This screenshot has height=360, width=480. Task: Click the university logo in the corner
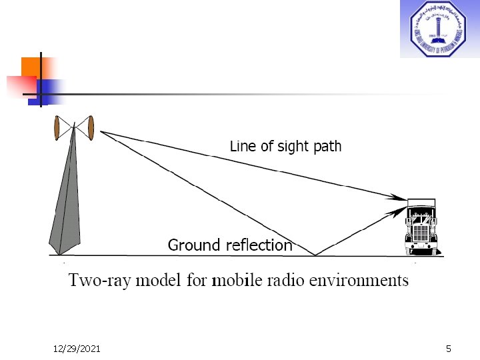(439, 29)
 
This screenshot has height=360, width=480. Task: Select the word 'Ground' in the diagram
(193, 245)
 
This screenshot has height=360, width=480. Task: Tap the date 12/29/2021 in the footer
(77, 350)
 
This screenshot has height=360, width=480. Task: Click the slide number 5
(449, 350)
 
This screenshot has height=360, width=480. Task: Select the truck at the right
(421, 227)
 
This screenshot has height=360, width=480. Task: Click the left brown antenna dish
(57, 128)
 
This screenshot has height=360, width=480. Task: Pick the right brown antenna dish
(91, 128)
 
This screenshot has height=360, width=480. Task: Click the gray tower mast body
(65, 207)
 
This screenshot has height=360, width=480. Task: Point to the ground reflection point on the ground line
(315, 255)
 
